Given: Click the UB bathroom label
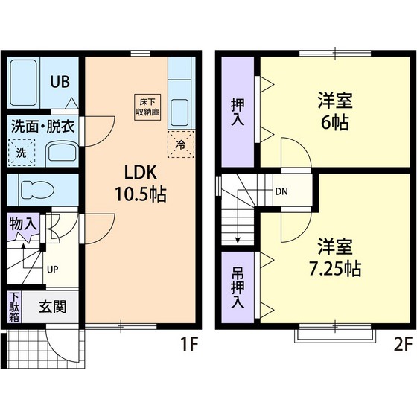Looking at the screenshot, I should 59,81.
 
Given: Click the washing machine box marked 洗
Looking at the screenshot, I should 22,151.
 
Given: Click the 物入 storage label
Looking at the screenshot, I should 22,223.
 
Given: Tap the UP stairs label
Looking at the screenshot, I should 54,269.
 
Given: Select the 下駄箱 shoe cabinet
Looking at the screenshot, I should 15,307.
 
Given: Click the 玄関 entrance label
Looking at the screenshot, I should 51,306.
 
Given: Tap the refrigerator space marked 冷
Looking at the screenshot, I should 180,144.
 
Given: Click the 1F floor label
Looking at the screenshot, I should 188,344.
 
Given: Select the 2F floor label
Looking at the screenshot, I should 402,344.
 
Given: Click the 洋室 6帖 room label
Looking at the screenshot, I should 334,111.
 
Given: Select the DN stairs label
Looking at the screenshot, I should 281,191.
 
